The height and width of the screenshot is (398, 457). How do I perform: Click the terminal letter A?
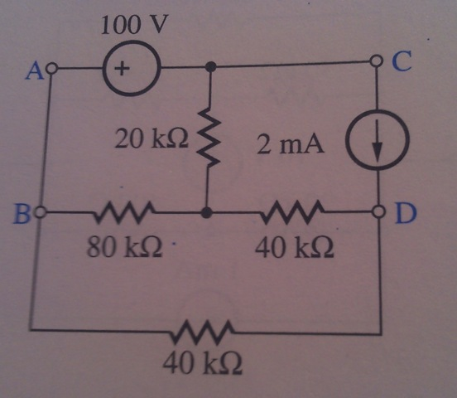(x=35, y=71)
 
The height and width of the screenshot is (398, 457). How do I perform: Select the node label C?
(x=402, y=61)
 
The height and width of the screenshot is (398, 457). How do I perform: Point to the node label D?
(x=406, y=214)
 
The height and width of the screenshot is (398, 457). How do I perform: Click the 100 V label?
(x=135, y=25)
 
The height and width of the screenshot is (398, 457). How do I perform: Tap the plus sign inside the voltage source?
(x=122, y=69)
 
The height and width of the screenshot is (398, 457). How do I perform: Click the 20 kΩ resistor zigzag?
(x=208, y=137)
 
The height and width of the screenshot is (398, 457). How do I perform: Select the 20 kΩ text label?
(x=152, y=138)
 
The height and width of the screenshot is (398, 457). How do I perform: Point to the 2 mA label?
(x=291, y=145)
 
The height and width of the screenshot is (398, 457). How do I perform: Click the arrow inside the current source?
(x=378, y=140)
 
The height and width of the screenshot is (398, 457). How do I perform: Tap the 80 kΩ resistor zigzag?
(x=124, y=211)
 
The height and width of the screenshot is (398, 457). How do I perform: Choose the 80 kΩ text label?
(x=124, y=246)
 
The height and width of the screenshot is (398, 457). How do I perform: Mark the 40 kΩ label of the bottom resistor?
(x=203, y=363)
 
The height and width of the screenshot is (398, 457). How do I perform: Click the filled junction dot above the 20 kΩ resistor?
(x=210, y=67)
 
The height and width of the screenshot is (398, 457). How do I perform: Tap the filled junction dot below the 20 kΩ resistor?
(x=207, y=212)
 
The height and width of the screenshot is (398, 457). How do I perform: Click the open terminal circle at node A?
(x=52, y=69)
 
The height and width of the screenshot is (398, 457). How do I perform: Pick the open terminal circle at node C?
(x=376, y=61)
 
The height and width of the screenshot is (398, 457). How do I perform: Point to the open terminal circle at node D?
(x=379, y=211)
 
